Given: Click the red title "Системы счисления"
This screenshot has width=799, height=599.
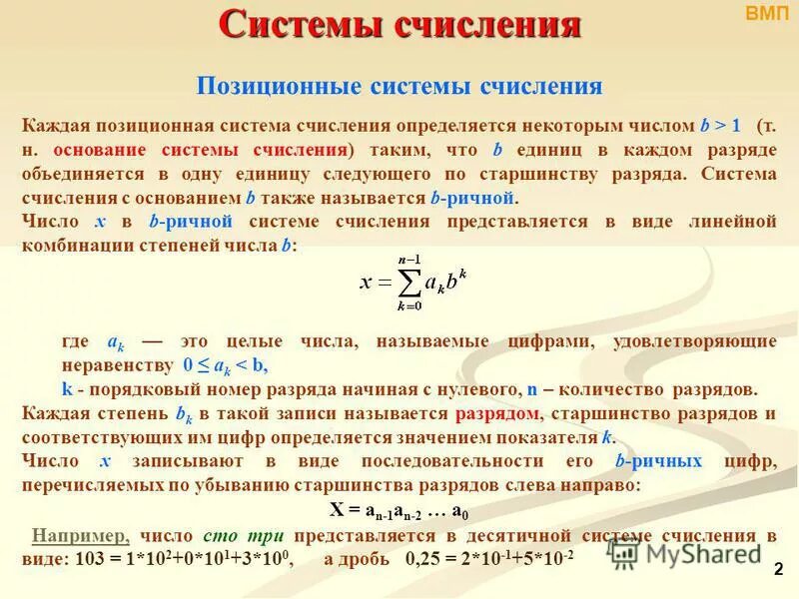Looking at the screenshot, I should (399, 25).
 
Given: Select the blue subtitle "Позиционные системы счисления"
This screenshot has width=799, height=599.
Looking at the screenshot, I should (399, 86).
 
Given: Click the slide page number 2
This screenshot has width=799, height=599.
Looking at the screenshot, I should (778, 568).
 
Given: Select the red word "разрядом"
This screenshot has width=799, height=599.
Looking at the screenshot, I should (497, 413).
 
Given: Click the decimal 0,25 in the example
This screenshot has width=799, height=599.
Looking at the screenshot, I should (424, 558).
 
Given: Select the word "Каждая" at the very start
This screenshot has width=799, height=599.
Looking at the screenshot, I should (56, 127).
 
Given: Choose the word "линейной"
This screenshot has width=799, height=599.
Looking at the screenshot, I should (734, 222).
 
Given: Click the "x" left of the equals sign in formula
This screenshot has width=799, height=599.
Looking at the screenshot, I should (367, 282).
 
